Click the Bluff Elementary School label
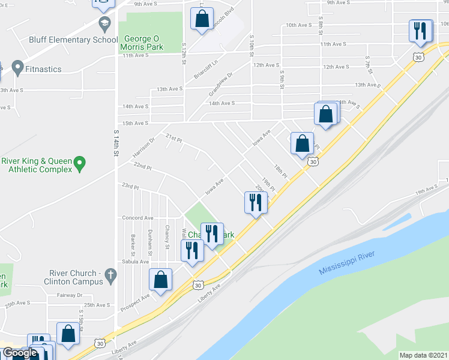click(73, 40)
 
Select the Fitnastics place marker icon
click(17, 68)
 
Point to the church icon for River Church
click(109, 275)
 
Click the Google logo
click(19, 353)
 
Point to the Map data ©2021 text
click(423, 355)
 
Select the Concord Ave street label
click(137, 218)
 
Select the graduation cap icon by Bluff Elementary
click(104, 25)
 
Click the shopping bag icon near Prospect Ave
click(161, 280)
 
